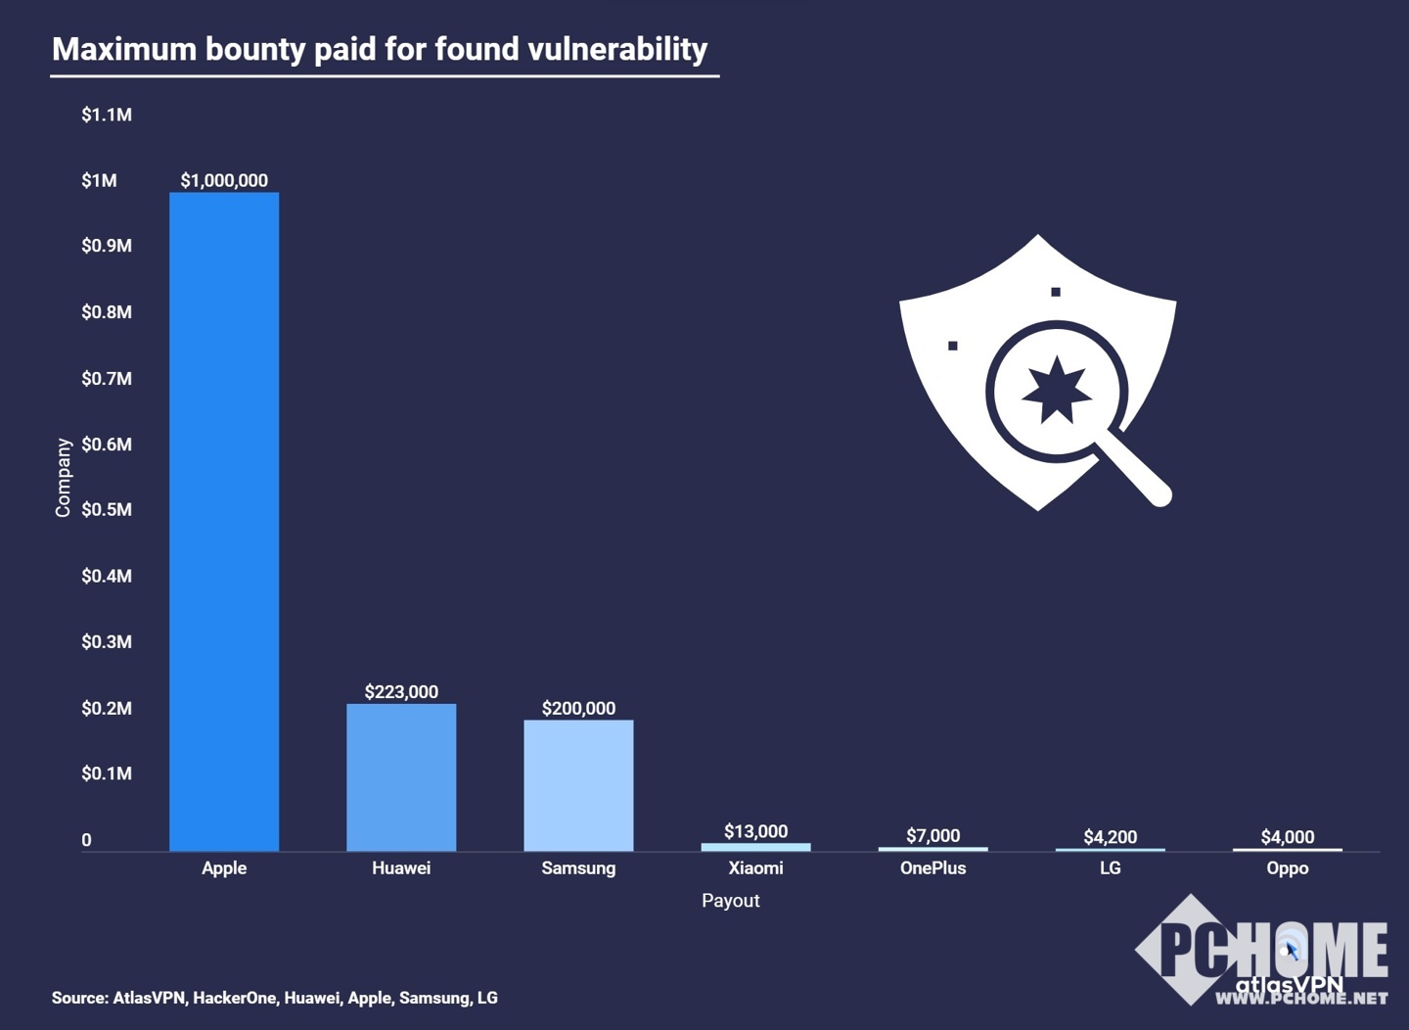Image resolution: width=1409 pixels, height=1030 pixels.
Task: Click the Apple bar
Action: click(224, 521)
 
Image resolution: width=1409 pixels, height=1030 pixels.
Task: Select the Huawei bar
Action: click(401, 776)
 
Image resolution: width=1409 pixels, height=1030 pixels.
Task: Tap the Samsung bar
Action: click(578, 785)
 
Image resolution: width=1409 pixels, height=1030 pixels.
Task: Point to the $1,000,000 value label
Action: click(224, 180)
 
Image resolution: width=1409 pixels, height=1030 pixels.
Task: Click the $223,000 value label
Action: click(401, 692)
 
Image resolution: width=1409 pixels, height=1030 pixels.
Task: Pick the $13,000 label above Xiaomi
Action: click(755, 831)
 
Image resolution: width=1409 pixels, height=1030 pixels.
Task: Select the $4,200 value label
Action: click(1110, 837)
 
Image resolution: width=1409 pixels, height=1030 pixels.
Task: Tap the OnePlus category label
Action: click(932, 868)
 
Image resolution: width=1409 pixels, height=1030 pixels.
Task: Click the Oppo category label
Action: click(1287, 868)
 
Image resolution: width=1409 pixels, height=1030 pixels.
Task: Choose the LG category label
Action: click(1110, 868)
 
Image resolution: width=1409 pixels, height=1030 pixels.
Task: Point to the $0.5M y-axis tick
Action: click(107, 510)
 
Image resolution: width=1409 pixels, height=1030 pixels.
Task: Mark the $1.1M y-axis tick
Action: click(107, 116)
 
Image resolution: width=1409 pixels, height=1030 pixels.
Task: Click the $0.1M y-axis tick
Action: click(107, 773)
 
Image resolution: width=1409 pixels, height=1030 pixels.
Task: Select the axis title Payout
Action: click(730, 901)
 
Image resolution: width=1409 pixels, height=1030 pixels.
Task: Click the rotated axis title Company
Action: click(64, 477)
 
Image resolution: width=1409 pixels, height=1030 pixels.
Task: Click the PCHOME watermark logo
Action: click(1262, 950)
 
